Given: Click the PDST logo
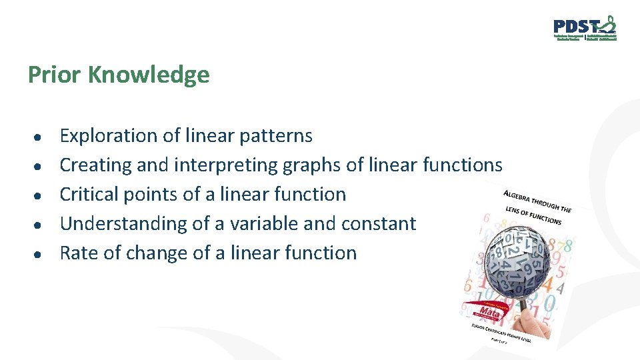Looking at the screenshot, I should [x=585, y=28].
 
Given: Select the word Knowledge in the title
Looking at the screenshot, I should [x=148, y=75].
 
